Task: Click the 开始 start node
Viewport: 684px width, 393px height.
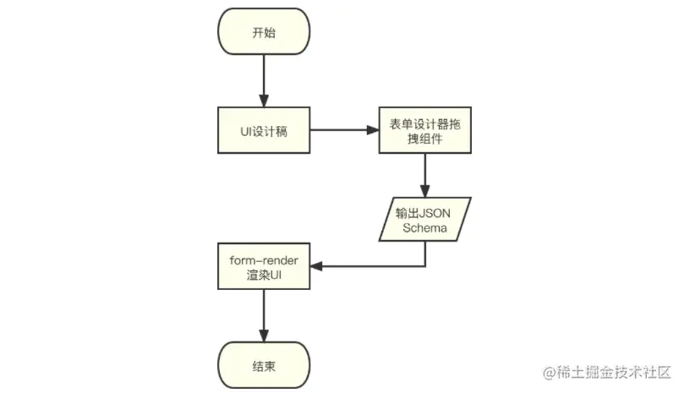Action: point(263,35)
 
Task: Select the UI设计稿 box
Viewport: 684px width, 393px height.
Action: point(263,131)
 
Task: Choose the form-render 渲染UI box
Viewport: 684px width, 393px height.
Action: point(263,266)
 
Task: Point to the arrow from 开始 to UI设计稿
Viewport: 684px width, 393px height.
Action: point(263,80)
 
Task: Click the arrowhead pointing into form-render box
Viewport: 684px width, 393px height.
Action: point(315,266)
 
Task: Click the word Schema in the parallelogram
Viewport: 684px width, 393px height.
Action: point(424,227)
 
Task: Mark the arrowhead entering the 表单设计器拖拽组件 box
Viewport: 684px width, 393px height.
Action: point(371,131)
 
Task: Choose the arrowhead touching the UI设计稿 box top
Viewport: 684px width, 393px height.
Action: point(263,101)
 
